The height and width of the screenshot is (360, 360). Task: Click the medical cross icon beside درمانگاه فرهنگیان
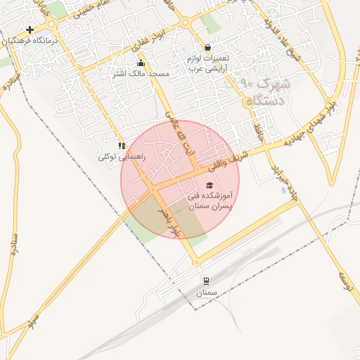(x=30, y=30)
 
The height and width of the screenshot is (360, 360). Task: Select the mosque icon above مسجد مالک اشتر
(x=141, y=63)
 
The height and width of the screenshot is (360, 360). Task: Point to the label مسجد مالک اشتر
(x=141, y=73)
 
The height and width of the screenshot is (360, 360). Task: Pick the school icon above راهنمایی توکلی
(x=122, y=146)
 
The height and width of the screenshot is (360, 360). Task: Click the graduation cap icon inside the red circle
(x=209, y=185)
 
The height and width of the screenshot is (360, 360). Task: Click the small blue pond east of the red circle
(x=284, y=191)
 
